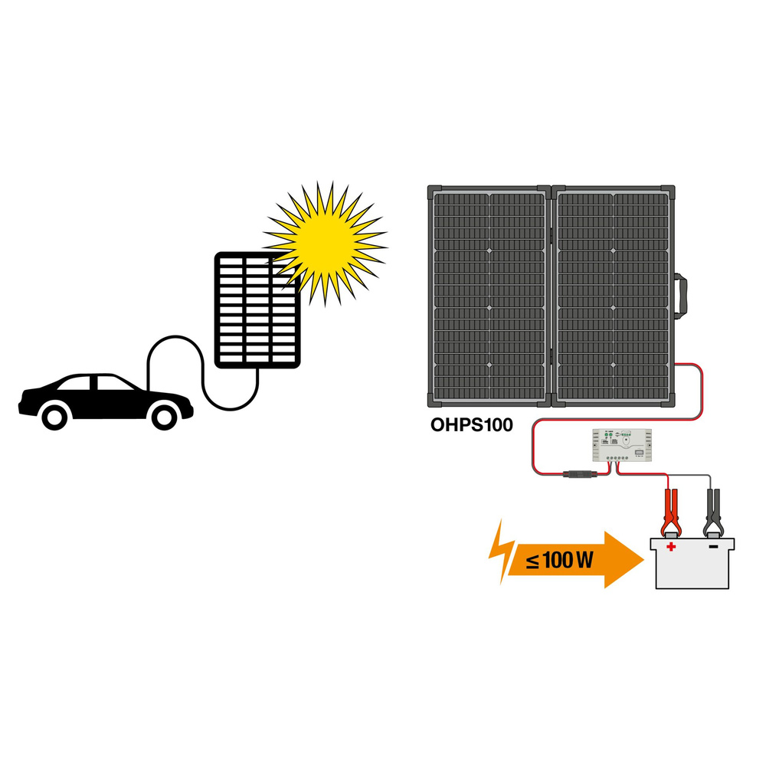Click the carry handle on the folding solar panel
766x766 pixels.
click(x=681, y=299)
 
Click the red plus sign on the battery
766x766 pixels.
click(x=672, y=547)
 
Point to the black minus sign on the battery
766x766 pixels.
click(x=713, y=547)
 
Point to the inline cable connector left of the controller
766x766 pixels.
click(x=578, y=473)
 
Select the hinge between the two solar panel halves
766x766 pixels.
click(x=552, y=295)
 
